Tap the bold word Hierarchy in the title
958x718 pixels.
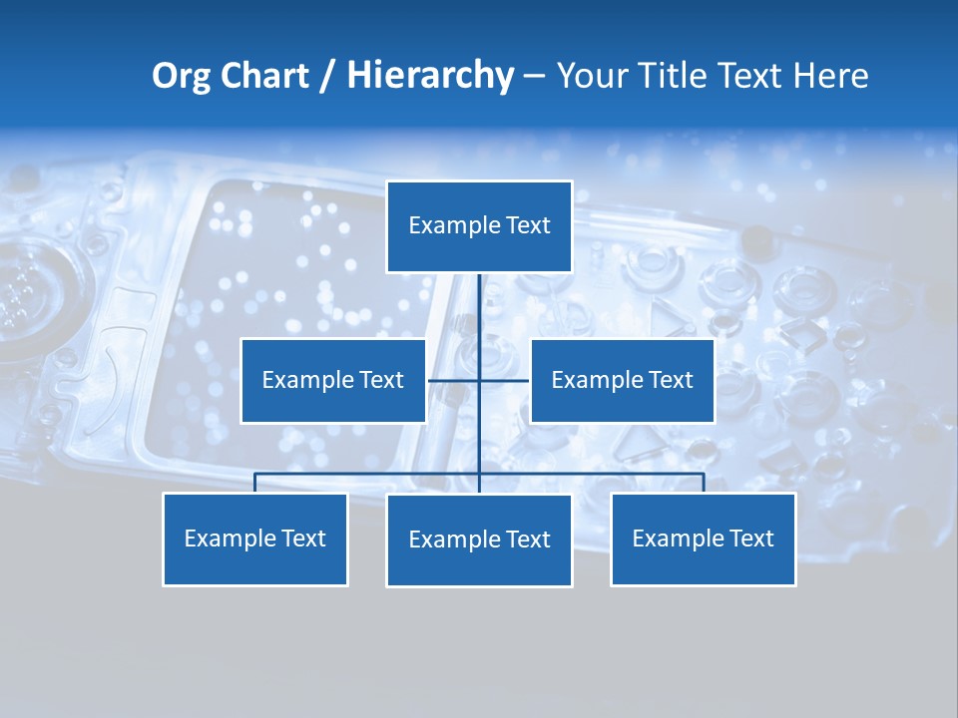[x=430, y=76]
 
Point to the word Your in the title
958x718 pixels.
[x=589, y=76]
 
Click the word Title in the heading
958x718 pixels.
[x=671, y=76]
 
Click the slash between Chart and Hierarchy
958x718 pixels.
[x=327, y=77]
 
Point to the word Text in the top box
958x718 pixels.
[x=528, y=225]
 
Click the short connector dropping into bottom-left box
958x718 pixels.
[x=254, y=483]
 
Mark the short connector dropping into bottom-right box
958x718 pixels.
[x=704, y=483]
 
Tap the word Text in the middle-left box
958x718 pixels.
[x=381, y=380]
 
